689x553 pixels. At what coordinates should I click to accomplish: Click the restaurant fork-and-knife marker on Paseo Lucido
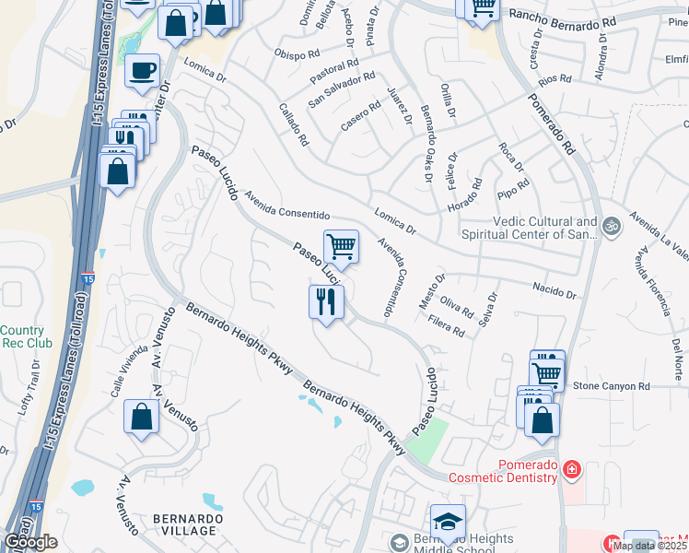click(x=326, y=302)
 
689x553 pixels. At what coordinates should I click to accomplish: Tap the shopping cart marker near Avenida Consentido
click(x=341, y=247)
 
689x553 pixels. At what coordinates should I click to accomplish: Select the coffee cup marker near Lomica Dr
click(x=142, y=71)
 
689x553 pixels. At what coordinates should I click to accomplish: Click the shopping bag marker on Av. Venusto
click(x=142, y=417)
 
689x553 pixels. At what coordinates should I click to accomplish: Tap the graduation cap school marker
click(x=448, y=522)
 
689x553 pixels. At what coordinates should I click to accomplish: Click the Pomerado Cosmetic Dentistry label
click(x=503, y=470)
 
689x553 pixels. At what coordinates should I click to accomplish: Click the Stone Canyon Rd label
click(x=612, y=386)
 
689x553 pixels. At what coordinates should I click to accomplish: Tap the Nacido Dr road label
click(x=555, y=291)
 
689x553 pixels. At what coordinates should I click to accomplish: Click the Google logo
click(x=30, y=542)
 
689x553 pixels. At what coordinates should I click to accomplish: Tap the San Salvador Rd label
click(x=341, y=89)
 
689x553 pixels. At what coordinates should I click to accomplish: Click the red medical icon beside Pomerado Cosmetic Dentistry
click(x=573, y=470)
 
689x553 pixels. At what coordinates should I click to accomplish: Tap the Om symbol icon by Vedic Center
click(x=609, y=224)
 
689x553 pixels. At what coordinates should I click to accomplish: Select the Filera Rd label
click(x=447, y=325)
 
